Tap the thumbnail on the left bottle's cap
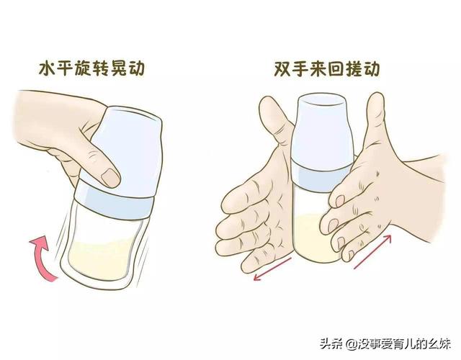point(110,178)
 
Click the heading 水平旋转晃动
point(91,68)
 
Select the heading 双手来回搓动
point(327,69)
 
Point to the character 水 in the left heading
point(48,68)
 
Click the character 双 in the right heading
point(282,69)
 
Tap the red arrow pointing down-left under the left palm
point(272,269)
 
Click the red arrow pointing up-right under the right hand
point(372,251)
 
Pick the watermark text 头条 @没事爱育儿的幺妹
point(385,343)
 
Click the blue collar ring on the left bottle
point(114,203)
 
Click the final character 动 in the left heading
point(136,68)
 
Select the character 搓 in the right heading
point(354,69)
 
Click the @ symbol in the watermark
point(352,343)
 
